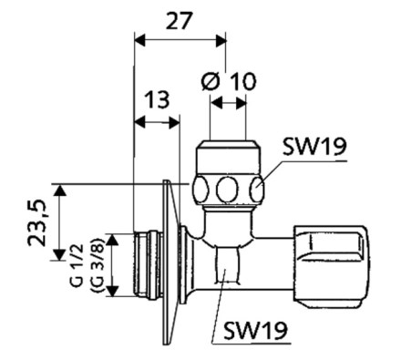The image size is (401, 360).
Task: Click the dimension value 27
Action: point(180,21)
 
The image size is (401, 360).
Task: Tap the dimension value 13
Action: point(157,99)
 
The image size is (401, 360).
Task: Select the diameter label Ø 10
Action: point(229,81)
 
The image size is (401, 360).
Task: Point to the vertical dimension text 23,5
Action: point(37,222)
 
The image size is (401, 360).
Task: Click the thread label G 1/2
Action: point(77,264)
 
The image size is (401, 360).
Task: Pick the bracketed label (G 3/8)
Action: point(98,264)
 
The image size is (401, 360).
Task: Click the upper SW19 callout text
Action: point(314,147)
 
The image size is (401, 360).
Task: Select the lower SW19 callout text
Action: point(255,330)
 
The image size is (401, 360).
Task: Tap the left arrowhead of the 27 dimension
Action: point(139,41)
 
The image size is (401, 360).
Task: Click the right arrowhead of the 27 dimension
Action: point(221,41)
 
